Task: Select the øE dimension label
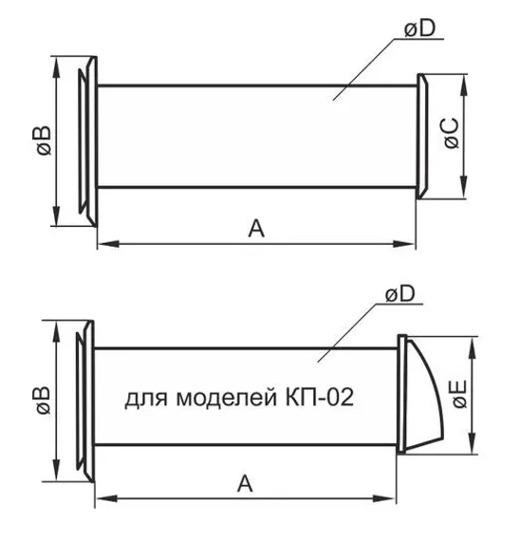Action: [x=458, y=393]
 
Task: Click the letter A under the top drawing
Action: [x=255, y=228]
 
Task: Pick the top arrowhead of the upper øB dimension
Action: [x=59, y=64]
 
